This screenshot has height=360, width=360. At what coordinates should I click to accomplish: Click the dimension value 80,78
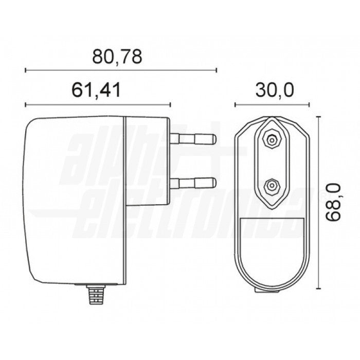pyautogui.click(x=117, y=56)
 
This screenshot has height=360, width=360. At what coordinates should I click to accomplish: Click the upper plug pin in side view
pyautogui.click(x=193, y=138)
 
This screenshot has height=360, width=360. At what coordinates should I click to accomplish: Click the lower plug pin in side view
pyautogui.click(x=193, y=182)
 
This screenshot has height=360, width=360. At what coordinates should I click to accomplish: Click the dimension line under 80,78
pyautogui.click(x=121, y=70)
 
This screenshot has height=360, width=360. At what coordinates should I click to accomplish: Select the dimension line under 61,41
pyautogui.click(x=98, y=105)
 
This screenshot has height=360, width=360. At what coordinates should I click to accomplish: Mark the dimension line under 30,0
pyautogui.click(x=273, y=105)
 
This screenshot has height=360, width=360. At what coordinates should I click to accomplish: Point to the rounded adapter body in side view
pyautogui.click(x=75, y=201)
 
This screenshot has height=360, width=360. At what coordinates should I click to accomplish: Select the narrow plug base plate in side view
pyautogui.click(x=147, y=201)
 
